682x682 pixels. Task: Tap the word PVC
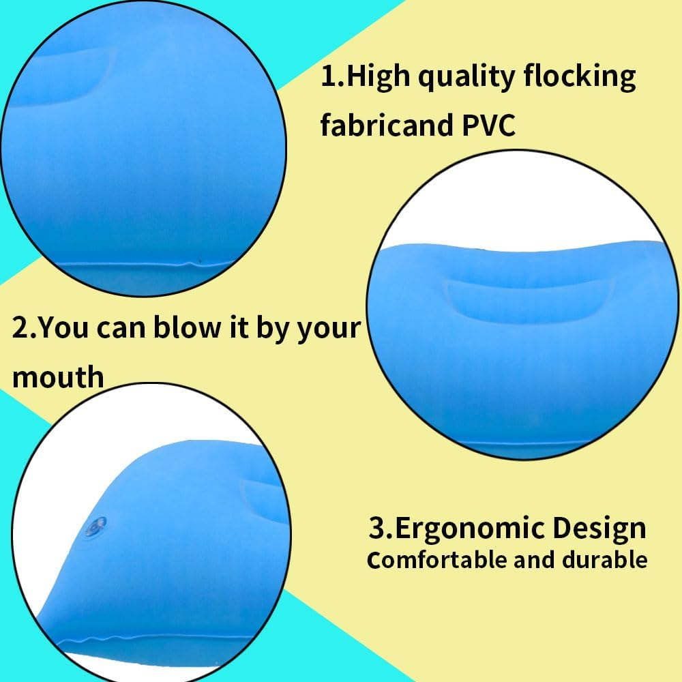click(x=488, y=125)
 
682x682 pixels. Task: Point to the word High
click(x=378, y=76)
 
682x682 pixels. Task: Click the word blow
click(x=187, y=327)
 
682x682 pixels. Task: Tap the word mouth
click(x=58, y=377)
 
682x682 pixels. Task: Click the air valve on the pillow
click(x=95, y=527)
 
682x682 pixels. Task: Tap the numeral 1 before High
click(x=327, y=77)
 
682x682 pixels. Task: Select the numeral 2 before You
click(x=20, y=327)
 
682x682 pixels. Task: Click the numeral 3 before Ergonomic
click(x=376, y=528)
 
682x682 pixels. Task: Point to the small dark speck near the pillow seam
click(x=200, y=261)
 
